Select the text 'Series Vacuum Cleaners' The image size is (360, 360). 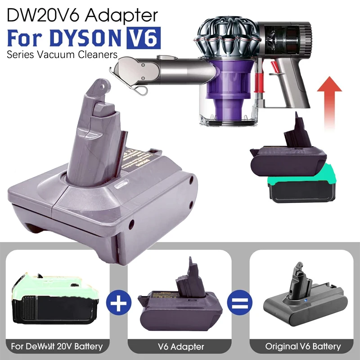(x=62, y=54)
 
